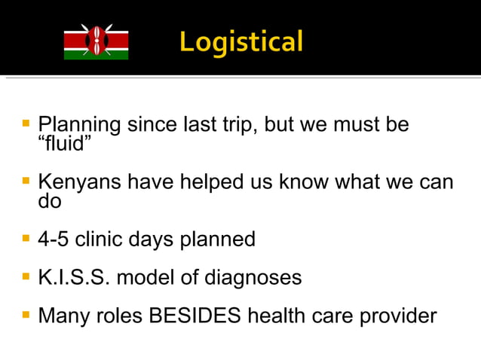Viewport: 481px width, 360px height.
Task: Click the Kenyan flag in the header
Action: (x=96, y=42)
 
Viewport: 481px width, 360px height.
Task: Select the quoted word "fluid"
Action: (x=65, y=142)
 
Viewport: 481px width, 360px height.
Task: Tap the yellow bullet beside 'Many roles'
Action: (x=26, y=313)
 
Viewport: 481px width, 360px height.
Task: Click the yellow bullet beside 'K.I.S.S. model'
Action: (x=26, y=276)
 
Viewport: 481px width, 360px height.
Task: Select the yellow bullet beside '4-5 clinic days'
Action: (x=26, y=238)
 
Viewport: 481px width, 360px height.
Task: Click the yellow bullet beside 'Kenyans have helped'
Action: (x=26, y=182)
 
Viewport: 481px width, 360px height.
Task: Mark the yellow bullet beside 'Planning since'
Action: (x=26, y=121)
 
